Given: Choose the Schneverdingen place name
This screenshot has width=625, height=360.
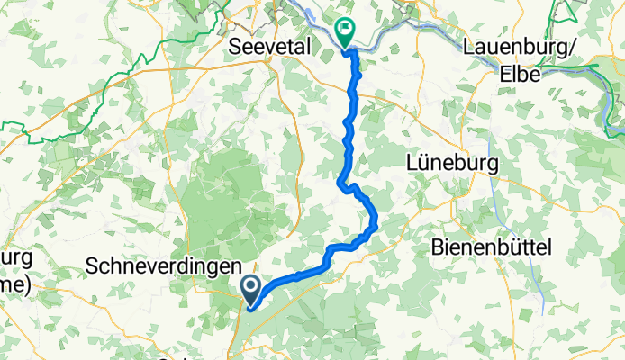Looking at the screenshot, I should coord(163,266).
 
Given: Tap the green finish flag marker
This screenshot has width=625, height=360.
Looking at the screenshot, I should coord(345,33).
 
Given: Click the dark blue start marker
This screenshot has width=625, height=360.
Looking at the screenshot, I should coord(250,291).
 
